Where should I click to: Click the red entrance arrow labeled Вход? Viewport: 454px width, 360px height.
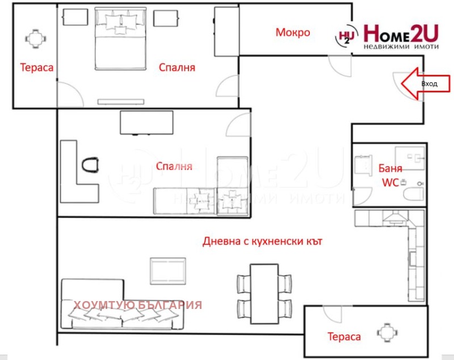426,84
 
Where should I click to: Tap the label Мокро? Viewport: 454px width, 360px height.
293,32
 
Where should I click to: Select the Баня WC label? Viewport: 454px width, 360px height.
390,175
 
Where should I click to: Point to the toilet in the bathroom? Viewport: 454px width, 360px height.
414,194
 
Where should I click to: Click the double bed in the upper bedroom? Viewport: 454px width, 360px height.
120,39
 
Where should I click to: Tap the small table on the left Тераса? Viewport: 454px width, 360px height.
36,39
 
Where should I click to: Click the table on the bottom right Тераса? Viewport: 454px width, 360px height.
387,333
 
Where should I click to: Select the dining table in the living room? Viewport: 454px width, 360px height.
264,294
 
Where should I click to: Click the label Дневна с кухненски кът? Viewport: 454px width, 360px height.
262,241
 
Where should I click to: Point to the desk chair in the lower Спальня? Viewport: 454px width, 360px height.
90,164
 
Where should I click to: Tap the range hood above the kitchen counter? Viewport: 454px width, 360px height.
395,218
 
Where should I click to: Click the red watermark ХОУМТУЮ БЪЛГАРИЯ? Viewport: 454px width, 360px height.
138,305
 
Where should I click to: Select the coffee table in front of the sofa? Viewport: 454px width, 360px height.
168,271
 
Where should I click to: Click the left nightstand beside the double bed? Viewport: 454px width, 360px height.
75,17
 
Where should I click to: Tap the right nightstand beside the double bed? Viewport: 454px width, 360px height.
166,18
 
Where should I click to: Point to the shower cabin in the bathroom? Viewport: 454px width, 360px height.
410,159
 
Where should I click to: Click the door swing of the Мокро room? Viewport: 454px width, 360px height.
339,66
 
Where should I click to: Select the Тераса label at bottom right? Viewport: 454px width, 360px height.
344,337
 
